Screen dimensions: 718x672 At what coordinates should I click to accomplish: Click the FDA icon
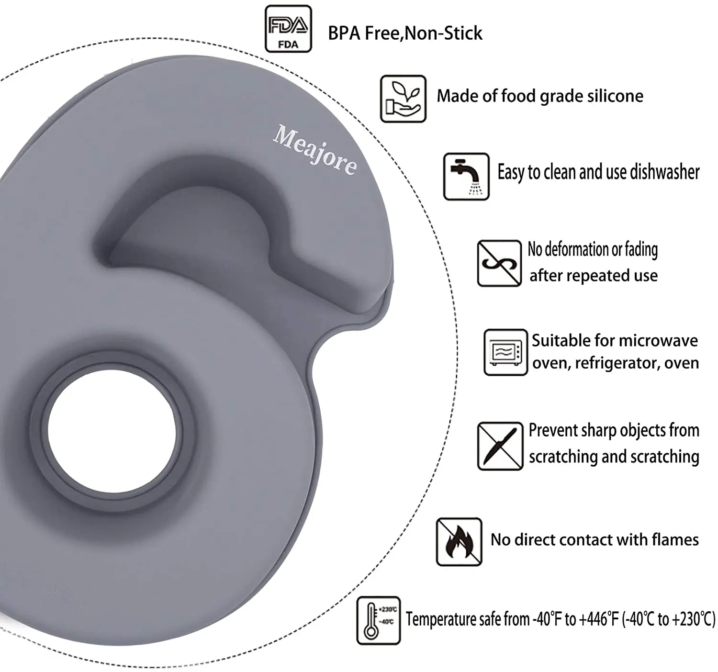pos(288,29)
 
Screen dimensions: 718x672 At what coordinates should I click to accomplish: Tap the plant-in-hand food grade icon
pos(403,99)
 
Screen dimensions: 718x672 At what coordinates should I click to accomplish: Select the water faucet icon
pos(466,176)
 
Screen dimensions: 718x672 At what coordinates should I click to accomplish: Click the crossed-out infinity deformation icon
pos(499,263)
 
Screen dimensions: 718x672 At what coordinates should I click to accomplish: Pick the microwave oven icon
pos(505,352)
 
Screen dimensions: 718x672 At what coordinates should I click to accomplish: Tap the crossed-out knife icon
pos(500,446)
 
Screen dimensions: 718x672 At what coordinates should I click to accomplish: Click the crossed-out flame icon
pos(459,541)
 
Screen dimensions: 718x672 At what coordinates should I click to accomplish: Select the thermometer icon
pos(378,620)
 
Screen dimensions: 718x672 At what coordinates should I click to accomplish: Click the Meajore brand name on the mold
pos(315,150)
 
